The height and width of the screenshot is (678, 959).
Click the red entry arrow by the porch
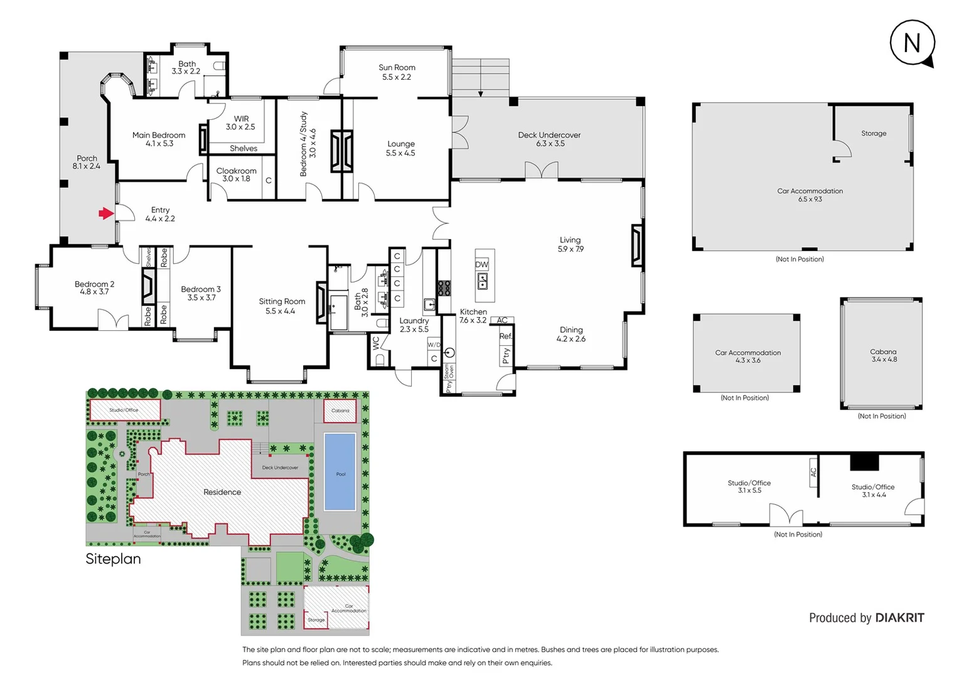[105, 214]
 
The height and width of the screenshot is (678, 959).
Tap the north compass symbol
[912, 43]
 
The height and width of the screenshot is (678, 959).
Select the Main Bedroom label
[159, 139]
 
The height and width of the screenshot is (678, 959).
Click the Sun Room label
[397, 72]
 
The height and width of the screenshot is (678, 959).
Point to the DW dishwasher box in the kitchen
[481, 265]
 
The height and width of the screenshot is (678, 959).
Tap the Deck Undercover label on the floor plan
[549, 139]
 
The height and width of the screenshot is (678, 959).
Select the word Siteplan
[113, 559]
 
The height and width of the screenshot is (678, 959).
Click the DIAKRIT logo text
[899, 618]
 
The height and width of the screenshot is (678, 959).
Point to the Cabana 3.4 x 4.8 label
[883, 356]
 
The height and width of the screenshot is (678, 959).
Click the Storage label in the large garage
[874, 134]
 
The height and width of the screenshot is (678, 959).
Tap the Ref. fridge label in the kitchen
[506, 336]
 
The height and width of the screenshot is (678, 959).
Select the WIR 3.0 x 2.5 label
[241, 122]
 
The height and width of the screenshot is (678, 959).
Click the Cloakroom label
[236, 175]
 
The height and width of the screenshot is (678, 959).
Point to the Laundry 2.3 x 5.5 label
[414, 325]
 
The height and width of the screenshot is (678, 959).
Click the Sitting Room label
[282, 306]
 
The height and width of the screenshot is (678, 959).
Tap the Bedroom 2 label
[94, 288]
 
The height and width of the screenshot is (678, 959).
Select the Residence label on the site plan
[222, 492]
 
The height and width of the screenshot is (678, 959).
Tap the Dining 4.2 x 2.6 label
[571, 334]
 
